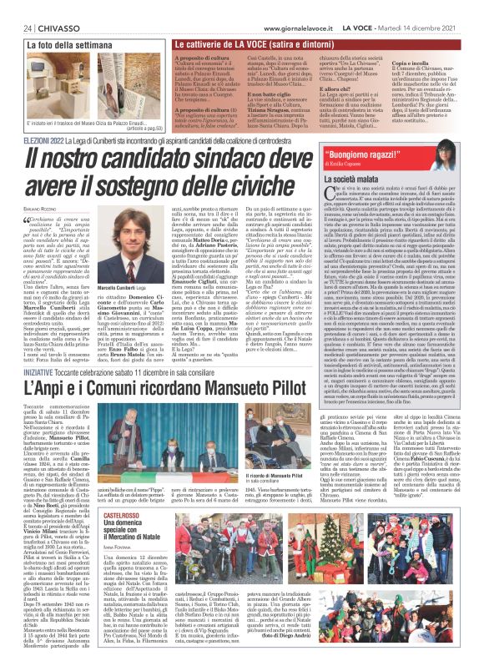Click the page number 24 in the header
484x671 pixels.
click(x=16, y=8)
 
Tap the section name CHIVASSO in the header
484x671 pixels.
click(x=51, y=8)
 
